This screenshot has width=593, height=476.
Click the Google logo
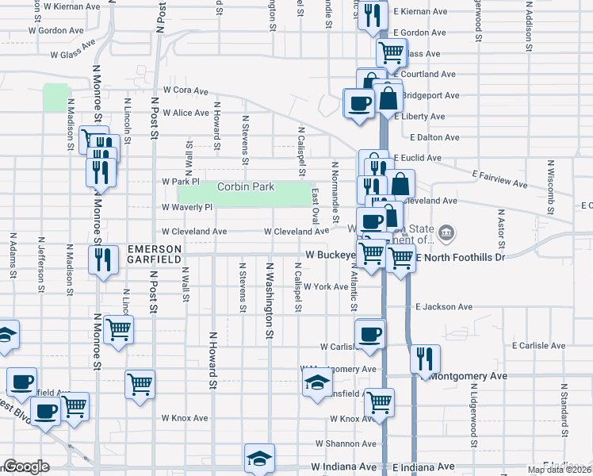[x=26, y=466]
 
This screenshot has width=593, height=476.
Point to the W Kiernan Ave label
[x=71, y=6]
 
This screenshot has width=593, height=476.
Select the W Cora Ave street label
[x=186, y=90]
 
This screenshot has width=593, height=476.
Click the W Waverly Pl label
[x=187, y=207]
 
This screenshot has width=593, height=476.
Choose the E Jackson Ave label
[x=443, y=307]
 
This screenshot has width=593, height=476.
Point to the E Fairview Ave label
[x=499, y=178]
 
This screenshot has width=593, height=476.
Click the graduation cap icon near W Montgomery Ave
[x=318, y=383]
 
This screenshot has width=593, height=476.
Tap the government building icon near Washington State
[x=447, y=232]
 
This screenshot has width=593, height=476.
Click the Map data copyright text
[x=560, y=470]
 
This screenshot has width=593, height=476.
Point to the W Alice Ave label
[x=186, y=113]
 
